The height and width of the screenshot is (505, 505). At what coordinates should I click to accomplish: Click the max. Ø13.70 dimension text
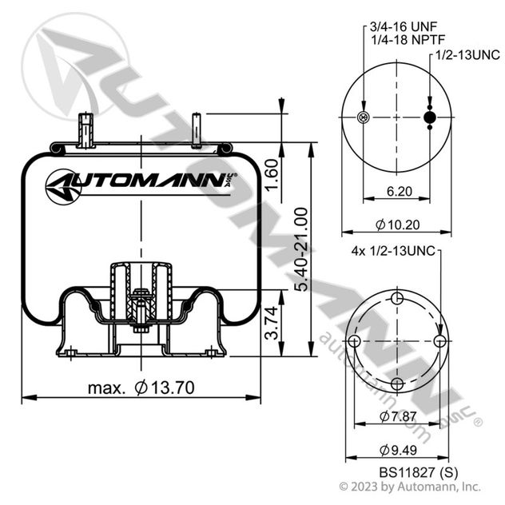click(141, 388)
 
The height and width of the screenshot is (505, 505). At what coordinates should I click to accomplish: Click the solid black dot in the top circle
click(430, 118)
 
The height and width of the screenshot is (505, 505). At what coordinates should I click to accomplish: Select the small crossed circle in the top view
click(364, 118)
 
